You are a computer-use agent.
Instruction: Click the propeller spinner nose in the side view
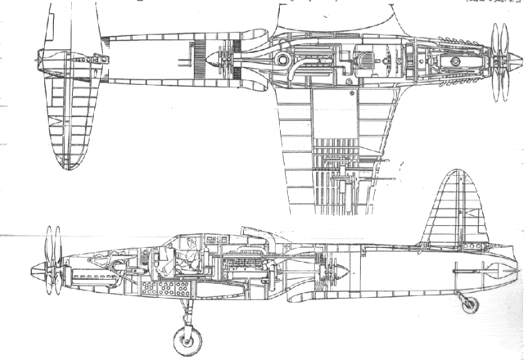click(x=34, y=268)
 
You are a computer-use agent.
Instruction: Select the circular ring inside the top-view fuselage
click(x=282, y=59)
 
